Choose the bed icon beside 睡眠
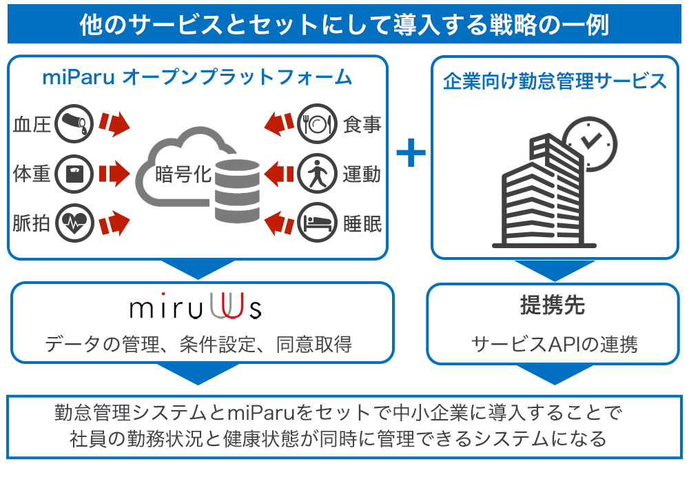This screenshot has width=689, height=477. point(318,223)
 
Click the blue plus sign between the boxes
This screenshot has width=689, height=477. point(411,153)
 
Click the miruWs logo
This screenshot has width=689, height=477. point(196,307)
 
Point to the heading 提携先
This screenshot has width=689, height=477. point(553,305)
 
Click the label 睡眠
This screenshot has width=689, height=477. point(362,223)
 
